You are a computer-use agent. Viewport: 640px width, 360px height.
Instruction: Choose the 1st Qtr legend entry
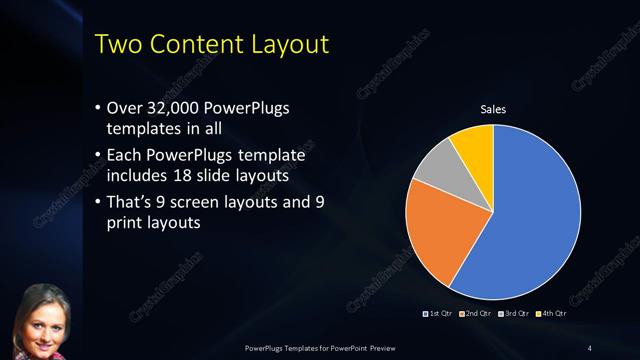[439, 314]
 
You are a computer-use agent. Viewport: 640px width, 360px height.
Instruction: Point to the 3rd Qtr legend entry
[512, 314]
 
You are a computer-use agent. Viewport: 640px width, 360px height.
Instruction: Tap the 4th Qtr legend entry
[549, 314]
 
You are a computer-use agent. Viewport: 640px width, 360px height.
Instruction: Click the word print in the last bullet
[125, 224]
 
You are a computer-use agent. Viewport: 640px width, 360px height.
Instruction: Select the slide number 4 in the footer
[589, 347]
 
